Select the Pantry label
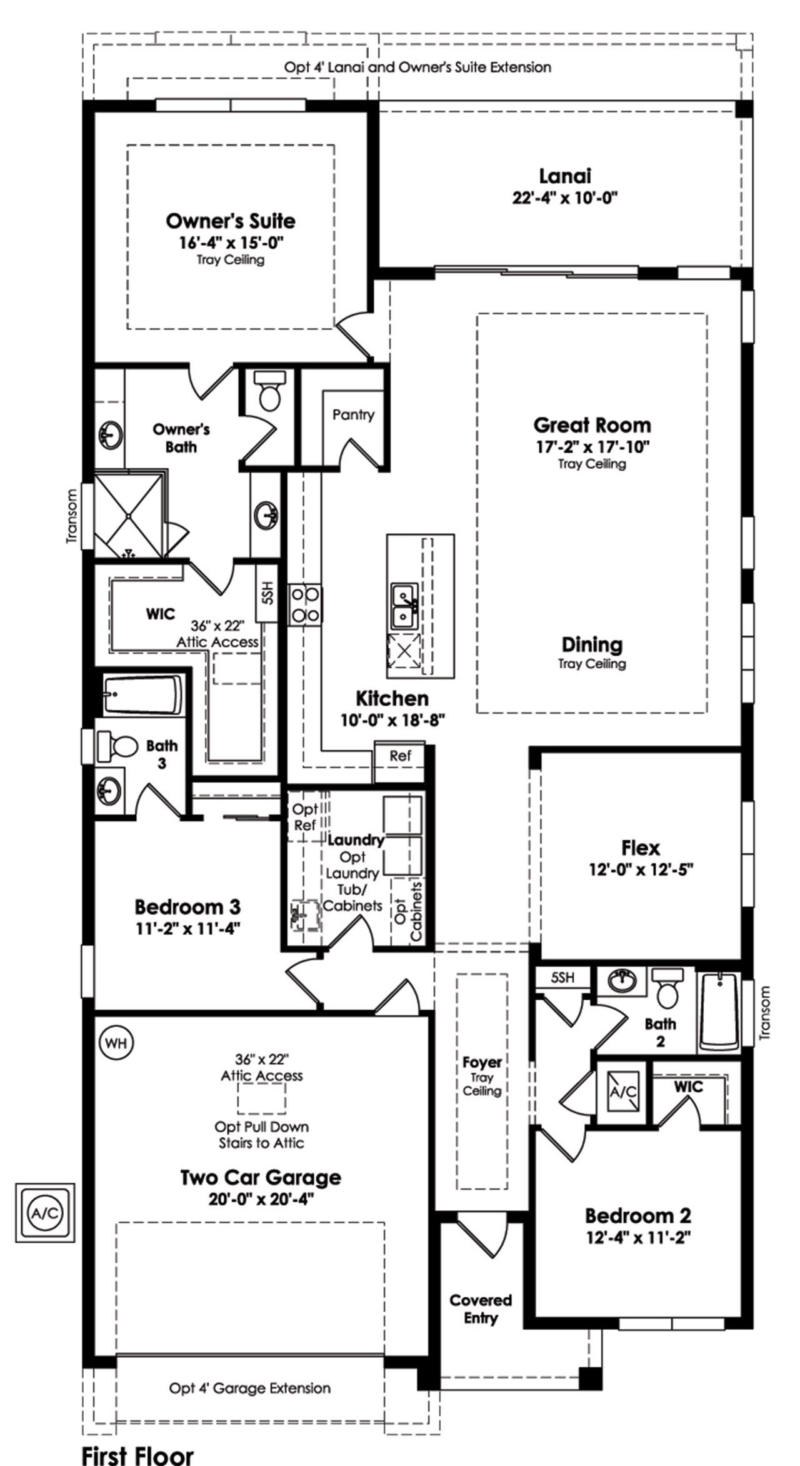pos(353,414)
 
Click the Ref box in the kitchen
pos(400,755)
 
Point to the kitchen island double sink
pos(405,606)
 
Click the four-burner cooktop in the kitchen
pos(304,604)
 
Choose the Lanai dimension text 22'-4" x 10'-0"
pos(564,199)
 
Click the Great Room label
pos(592,425)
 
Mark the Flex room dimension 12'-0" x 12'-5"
pos(641,870)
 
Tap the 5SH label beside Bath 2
pos(562,977)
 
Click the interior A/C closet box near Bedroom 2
pos(623,1091)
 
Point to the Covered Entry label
pos(481,1308)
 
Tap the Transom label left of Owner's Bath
pos(72,516)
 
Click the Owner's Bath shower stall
pos(129,515)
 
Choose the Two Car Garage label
pos(261,1177)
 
